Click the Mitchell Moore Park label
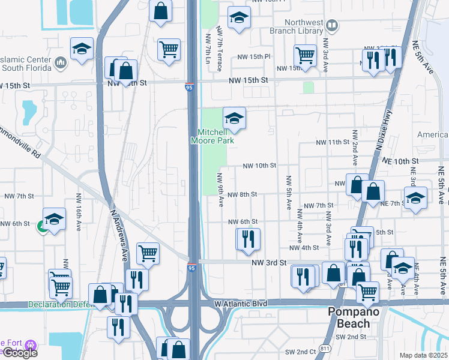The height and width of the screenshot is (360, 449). coord(215,136)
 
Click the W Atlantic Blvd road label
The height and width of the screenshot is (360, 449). coord(241,304)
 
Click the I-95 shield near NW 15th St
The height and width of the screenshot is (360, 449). coord(189,87)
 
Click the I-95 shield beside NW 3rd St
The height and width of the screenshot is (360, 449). coord(191,268)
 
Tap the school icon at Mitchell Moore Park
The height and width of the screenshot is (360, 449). coord(235,118)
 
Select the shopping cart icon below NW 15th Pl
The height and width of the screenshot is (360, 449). coord(306,56)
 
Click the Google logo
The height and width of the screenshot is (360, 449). coord(19,353)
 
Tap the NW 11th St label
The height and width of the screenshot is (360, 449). coord(333,142)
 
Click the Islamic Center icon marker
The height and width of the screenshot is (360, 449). coord(61,62)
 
